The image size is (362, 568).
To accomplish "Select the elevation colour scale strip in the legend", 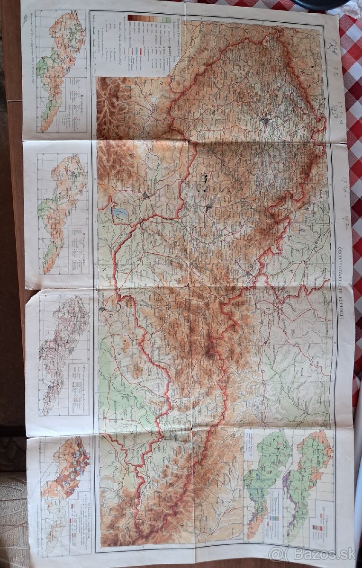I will click(149, 19).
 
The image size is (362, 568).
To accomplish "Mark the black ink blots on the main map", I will click(205, 182).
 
